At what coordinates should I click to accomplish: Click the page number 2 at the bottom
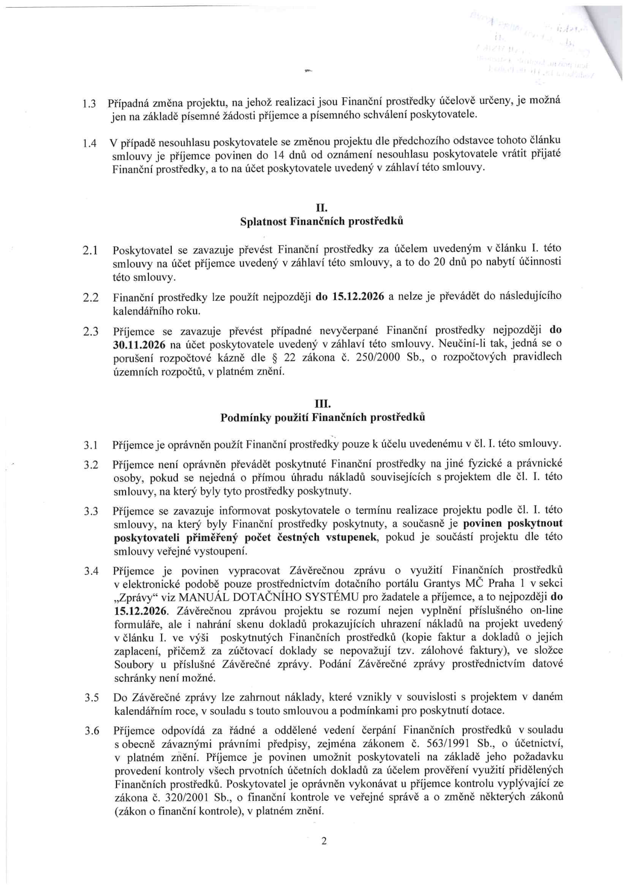[x=324, y=841]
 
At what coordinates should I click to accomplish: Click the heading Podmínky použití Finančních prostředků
[x=323, y=418]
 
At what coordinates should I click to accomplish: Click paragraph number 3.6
[x=91, y=731]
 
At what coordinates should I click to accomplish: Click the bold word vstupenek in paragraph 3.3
[x=352, y=537]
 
